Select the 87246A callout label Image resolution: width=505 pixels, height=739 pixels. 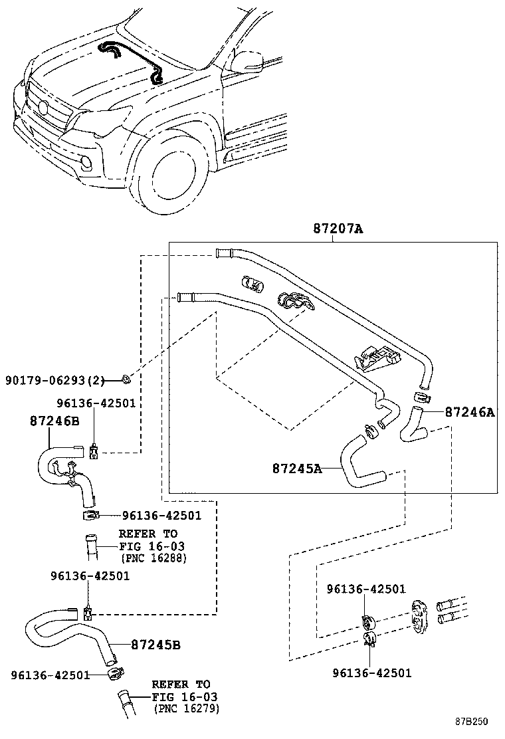pyautogui.click(x=470, y=412)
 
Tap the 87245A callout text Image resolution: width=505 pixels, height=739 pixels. pyautogui.click(x=297, y=469)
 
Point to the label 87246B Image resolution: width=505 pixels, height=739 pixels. pyautogui.click(x=54, y=421)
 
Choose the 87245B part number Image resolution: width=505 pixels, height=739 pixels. pyautogui.click(x=156, y=645)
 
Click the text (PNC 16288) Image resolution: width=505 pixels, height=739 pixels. pyautogui.click(x=153, y=558)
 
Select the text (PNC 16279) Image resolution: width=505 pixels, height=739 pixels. pyautogui.click(x=186, y=709)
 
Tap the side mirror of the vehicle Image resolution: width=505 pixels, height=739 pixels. pyautogui.click(x=247, y=61)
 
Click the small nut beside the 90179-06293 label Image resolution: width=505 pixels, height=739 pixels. pyautogui.click(x=126, y=380)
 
